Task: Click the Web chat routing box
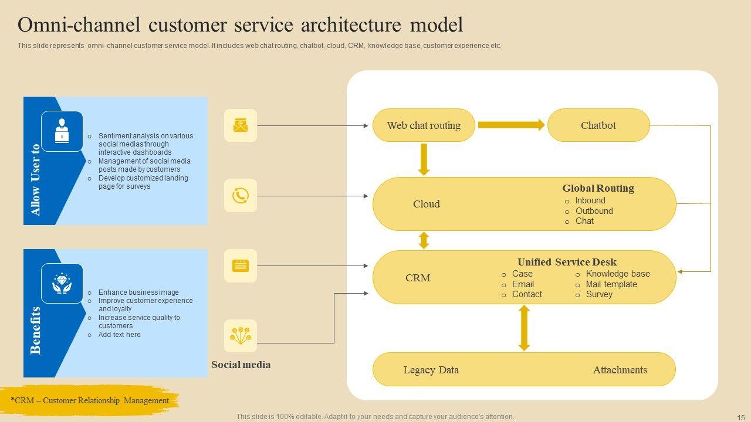(x=424, y=125)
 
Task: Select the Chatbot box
(x=598, y=125)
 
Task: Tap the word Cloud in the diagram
(x=427, y=204)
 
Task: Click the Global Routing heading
(x=598, y=188)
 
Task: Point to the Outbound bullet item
(x=594, y=211)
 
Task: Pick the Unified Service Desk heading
(x=567, y=262)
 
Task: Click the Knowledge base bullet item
(x=618, y=274)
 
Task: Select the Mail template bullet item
(x=611, y=284)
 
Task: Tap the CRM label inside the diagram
(x=418, y=278)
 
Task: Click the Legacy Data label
(x=431, y=370)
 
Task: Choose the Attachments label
(x=620, y=370)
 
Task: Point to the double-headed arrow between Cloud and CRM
(x=424, y=240)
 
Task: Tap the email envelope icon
(x=241, y=125)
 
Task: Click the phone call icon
(x=241, y=195)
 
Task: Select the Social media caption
(x=241, y=365)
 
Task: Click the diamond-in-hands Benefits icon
(x=62, y=284)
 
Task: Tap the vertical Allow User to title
(x=36, y=180)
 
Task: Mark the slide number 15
(x=740, y=417)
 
